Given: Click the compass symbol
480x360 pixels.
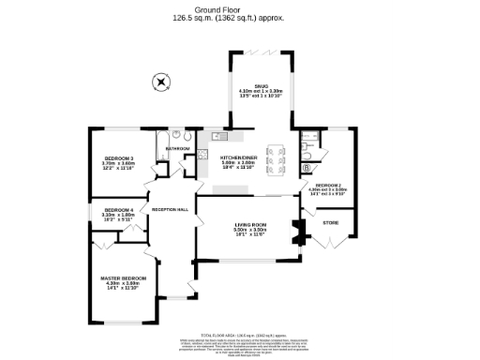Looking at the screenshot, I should point(161,82).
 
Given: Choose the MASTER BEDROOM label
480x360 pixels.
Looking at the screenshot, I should point(124,278).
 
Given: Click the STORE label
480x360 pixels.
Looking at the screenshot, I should point(330,222).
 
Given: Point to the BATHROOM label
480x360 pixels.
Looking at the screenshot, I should point(177,148).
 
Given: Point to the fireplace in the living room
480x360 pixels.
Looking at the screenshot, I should point(298,231).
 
